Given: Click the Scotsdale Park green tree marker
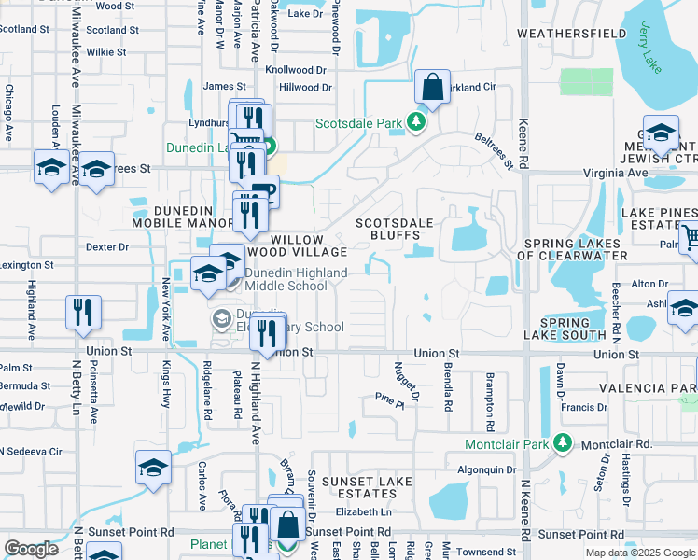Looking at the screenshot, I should pyautogui.click(x=420, y=122).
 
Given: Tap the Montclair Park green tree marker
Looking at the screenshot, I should pyautogui.click(x=562, y=441).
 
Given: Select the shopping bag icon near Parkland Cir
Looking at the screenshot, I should pyautogui.click(x=432, y=89).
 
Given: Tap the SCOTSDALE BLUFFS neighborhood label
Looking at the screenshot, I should pyautogui.click(x=395, y=230).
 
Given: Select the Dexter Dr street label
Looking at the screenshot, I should pyautogui.click(x=106, y=247).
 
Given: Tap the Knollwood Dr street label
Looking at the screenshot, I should pyautogui.click(x=296, y=70).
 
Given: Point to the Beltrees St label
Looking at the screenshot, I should pyautogui.click(x=495, y=149).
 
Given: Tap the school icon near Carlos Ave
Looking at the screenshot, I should pyautogui.click(x=154, y=469).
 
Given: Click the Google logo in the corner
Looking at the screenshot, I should pyautogui.click(x=32, y=548).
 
